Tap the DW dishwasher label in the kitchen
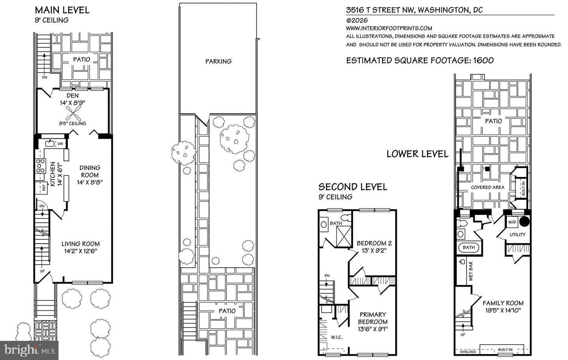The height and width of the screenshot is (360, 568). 60,144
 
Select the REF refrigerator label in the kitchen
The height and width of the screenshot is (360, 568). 44,188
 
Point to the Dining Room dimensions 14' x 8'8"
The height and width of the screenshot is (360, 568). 90,182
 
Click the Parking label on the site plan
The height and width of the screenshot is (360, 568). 218,61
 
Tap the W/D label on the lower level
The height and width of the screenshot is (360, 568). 512,222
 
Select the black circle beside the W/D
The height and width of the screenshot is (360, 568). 523,222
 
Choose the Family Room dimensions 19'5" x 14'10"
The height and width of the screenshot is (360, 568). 503,310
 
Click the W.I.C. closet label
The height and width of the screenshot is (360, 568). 336,337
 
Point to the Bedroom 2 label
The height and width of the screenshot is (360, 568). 374,243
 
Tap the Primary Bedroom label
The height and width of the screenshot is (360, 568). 372,318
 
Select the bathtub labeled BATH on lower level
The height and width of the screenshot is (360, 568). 469,248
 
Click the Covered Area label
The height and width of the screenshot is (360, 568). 488,187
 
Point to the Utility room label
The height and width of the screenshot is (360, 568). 518,235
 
